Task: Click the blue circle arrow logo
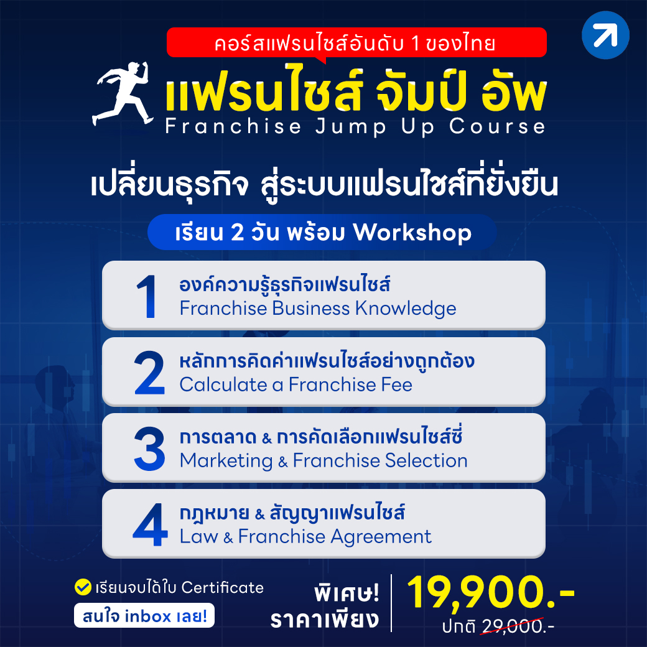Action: (x=605, y=35)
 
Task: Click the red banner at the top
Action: (x=356, y=42)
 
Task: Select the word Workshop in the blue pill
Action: (x=412, y=232)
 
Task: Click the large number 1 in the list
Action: (x=147, y=296)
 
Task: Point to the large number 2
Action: (x=149, y=373)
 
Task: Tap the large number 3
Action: (x=149, y=449)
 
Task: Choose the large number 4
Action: (x=150, y=524)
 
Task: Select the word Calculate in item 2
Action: (x=223, y=384)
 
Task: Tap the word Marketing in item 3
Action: (x=226, y=461)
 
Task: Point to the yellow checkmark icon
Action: (x=83, y=587)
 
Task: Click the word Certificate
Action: (x=223, y=587)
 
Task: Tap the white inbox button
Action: (x=144, y=616)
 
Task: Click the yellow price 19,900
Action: (x=491, y=592)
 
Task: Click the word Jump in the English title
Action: (x=351, y=127)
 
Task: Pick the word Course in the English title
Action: (x=497, y=126)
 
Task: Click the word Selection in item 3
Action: (x=426, y=460)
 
